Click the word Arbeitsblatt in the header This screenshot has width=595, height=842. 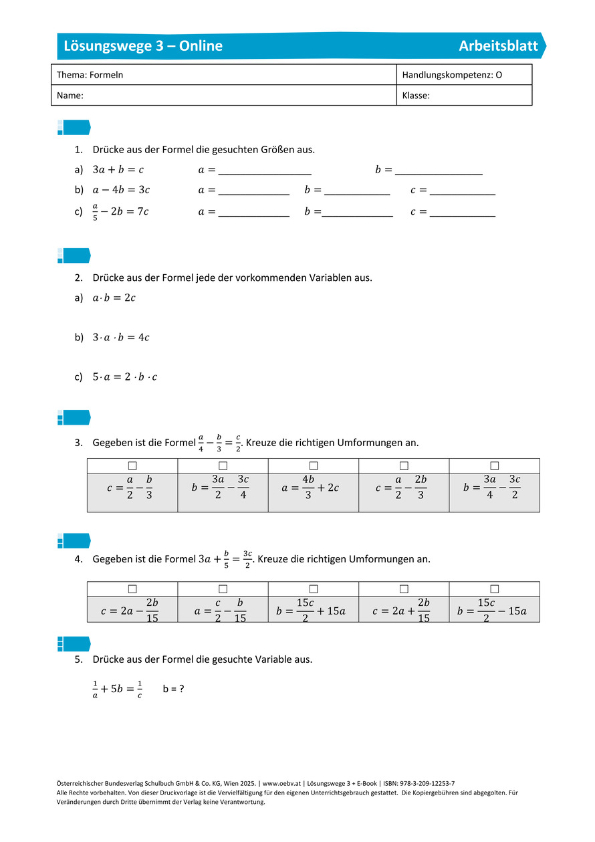point(498,46)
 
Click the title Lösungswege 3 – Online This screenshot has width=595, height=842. point(143,46)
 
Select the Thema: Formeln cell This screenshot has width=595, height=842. point(90,75)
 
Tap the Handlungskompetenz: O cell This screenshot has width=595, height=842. point(452,75)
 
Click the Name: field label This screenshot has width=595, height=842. point(70,96)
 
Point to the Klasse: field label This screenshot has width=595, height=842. point(416,96)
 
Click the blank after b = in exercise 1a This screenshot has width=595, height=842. point(439,170)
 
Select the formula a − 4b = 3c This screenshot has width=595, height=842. point(121,190)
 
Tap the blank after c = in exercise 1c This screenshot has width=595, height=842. point(463,211)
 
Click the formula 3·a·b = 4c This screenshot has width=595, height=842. point(121,337)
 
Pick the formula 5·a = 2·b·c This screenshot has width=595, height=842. point(125,377)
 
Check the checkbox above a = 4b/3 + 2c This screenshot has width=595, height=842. point(314,465)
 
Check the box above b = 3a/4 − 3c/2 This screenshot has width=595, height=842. point(495,465)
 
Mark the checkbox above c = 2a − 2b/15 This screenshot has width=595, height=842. point(132,589)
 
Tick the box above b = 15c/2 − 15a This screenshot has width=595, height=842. point(495,589)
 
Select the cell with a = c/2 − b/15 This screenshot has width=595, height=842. point(223,610)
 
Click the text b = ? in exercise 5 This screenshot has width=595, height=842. point(173,688)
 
